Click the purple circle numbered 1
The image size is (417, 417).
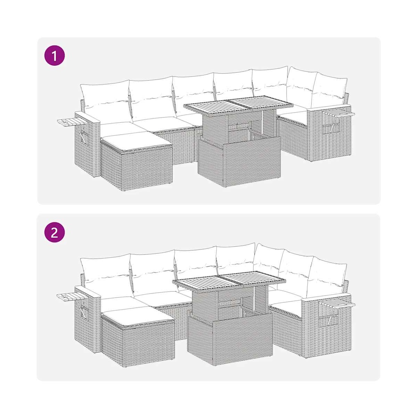(55, 56)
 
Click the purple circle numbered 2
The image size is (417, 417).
(55, 233)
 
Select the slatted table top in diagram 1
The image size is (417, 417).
(238, 107)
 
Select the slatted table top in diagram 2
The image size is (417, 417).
(228, 281)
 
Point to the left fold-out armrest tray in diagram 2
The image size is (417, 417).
(72, 296)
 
